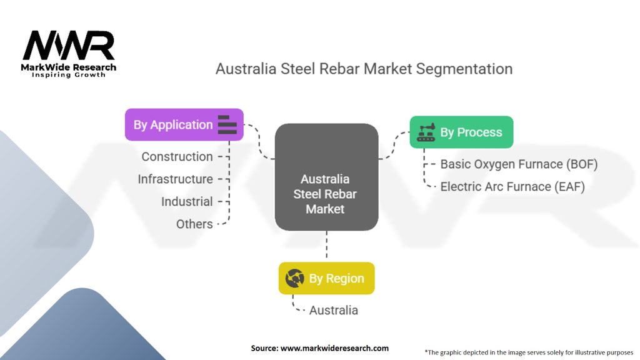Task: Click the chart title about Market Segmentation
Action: click(364, 69)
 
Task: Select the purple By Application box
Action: click(184, 124)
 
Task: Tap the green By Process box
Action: click(461, 132)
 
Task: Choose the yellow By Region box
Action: click(326, 278)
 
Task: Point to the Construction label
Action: click(177, 156)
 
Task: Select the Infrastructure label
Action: click(175, 179)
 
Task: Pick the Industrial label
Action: click(187, 201)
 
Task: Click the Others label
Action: click(194, 224)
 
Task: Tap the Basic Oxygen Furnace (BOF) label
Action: click(519, 164)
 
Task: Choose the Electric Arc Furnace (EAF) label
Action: click(512, 186)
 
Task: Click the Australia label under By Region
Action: click(334, 310)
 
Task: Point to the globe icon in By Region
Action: click(294, 278)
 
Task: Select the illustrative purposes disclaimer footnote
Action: click(529, 352)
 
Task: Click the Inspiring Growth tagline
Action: click(69, 75)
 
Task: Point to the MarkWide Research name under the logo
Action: click(69, 67)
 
